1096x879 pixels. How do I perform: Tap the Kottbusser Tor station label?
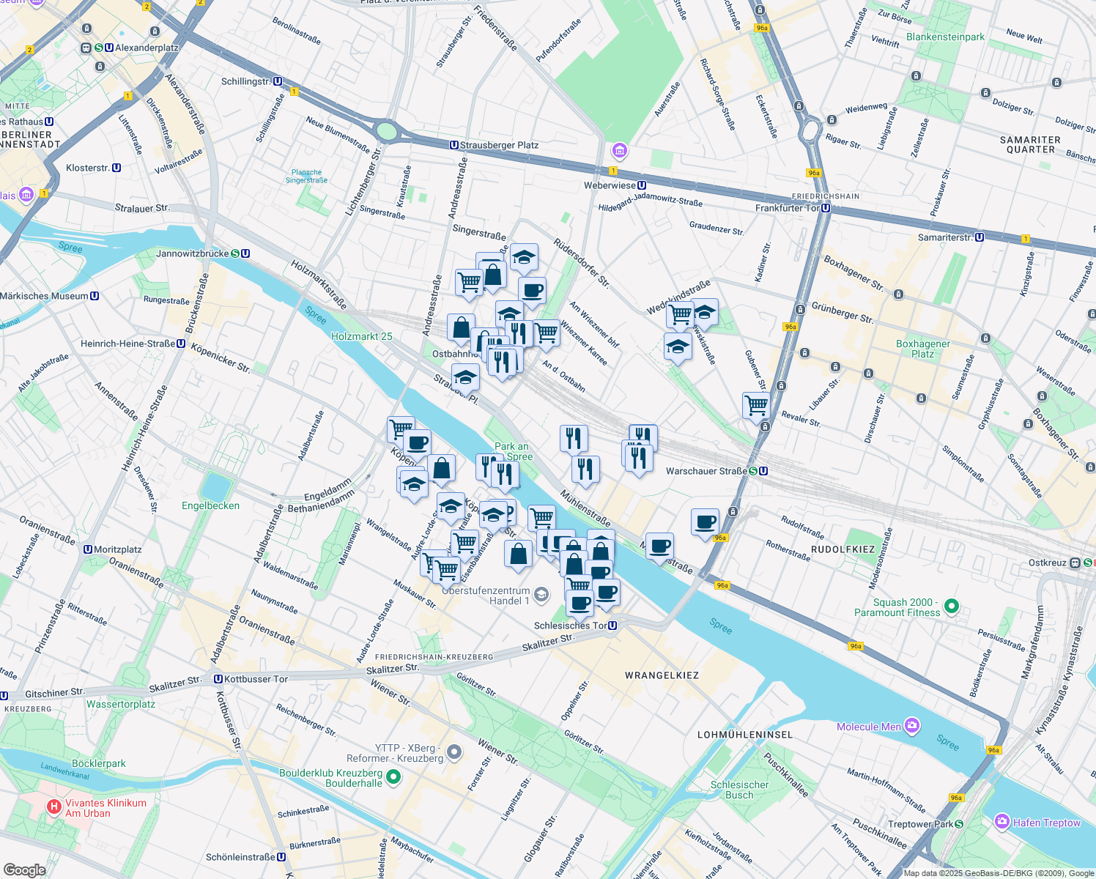[x=251, y=679]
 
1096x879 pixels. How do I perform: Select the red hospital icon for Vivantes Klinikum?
[x=53, y=807]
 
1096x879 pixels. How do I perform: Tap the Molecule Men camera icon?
[x=912, y=726]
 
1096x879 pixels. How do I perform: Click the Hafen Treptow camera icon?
[x=1001, y=822]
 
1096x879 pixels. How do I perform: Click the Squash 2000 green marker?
[x=951, y=607]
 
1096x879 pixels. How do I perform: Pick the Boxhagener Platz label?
[x=922, y=349]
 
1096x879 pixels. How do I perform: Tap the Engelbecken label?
[x=210, y=505]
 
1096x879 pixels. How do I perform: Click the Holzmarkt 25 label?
[x=361, y=336]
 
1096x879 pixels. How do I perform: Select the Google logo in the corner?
[x=24, y=870]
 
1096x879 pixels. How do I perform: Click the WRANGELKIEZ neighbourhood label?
[x=662, y=675]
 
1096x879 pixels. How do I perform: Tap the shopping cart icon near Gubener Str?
[x=755, y=404]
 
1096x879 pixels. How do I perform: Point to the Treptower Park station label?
[x=925, y=824]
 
